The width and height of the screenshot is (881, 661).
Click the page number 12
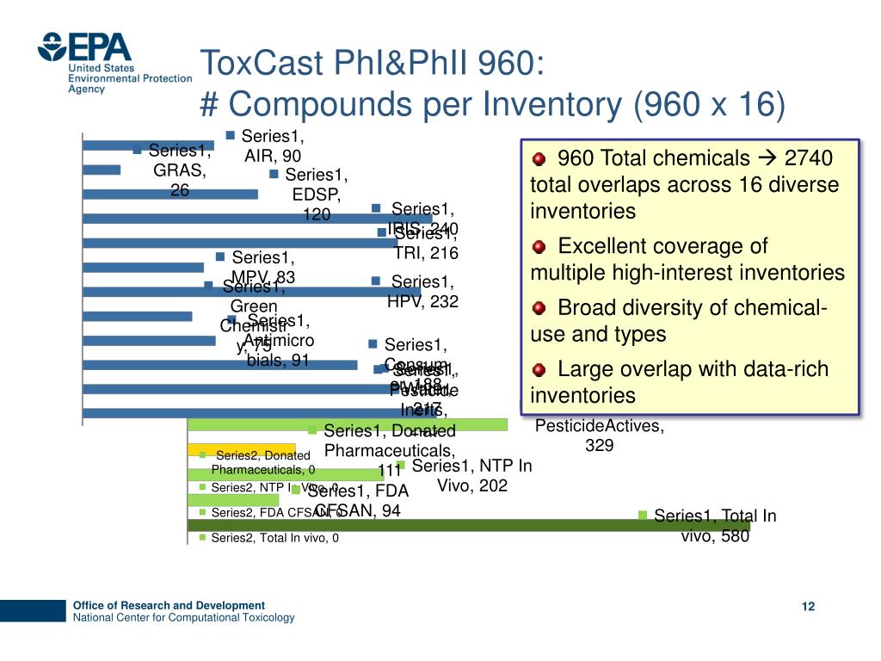(x=807, y=607)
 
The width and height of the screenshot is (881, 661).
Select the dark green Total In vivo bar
(x=469, y=525)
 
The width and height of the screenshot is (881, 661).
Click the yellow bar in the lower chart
(x=241, y=449)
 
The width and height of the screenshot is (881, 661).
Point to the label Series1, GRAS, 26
(x=179, y=170)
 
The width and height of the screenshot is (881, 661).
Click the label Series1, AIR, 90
(x=272, y=145)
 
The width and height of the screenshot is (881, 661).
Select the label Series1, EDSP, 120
(x=316, y=195)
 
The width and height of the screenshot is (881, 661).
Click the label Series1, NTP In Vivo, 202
(x=471, y=475)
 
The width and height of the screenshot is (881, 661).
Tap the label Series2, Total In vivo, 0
(x=274, y=538)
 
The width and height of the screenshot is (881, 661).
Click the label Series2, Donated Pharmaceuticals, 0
(x=262, y=462)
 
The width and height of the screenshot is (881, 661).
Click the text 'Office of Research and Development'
(x=169, y=605)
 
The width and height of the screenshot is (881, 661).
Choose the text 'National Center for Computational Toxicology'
(x=183, y=618)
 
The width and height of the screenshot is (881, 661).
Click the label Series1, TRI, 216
(x=425, y=243)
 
